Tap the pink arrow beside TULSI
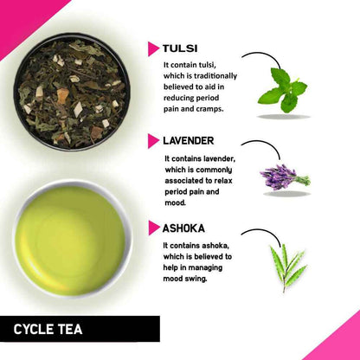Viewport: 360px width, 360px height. click(x=153, y=49)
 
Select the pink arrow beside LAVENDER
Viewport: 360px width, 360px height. click(x=153, y=140)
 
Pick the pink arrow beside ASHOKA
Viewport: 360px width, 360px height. click(x=153, y=229)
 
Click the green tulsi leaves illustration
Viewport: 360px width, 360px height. click(x=283, y=87)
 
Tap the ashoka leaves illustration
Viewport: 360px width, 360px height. click(x=286, y=265)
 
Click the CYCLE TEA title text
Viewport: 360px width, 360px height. click(x=47, y=329)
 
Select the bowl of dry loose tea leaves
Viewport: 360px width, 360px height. click(x=72, y=92)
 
